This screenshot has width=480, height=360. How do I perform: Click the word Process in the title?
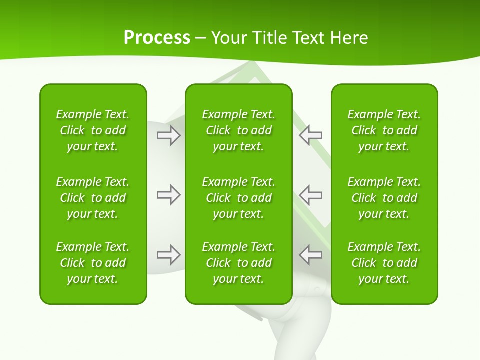[x=157, y=38]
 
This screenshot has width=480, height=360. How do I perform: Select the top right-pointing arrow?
[x=168, y=135]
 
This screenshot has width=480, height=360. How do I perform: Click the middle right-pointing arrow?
[x=168, y=195]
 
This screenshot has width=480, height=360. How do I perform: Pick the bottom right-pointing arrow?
[x=168, y=255]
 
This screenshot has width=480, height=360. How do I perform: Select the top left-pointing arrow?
[x=311, y=135]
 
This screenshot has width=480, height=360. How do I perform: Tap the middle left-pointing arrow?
[x=311, y=195]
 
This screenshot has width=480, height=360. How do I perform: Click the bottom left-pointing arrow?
[x=311, y=255]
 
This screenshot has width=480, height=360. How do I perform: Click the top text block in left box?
[x=93, y=130]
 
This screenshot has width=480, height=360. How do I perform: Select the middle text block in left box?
[x=93, y=198]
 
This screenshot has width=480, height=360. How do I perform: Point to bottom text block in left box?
[x=93, y=263]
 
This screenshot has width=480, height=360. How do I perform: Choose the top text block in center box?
[x=238, y=130]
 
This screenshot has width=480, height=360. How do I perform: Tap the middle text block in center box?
[x=238, y=198]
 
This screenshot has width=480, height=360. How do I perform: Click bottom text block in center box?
[x=238, y=263]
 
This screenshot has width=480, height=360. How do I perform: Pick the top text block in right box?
[x=384, y=130]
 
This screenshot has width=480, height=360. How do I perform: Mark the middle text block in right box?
[x=384, y=198]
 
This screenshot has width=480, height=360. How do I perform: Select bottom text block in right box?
[x=384, y=263]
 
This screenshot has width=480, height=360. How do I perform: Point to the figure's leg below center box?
[x=295, y=335]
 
